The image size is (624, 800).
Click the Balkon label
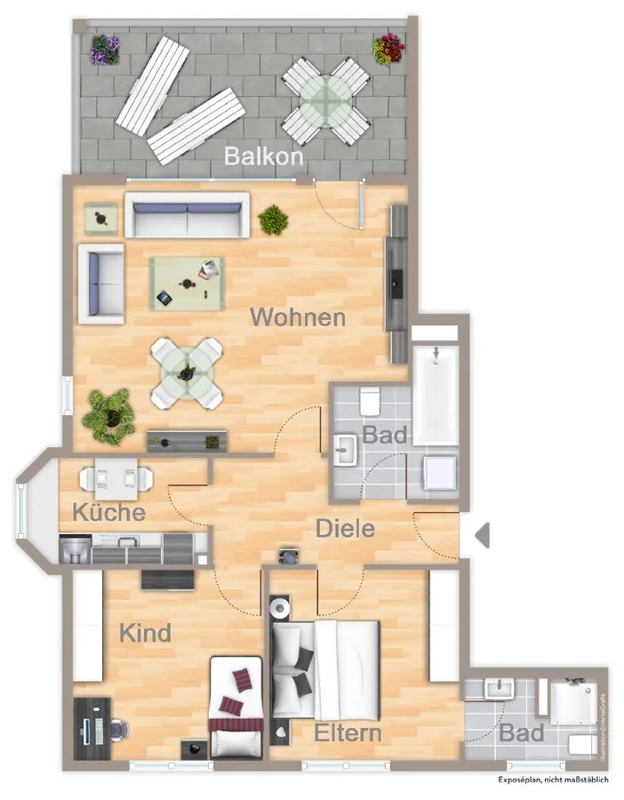[264, 156]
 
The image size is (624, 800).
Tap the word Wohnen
[298, 317]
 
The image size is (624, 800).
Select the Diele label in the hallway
[346, 529]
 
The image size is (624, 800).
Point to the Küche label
[108, 513]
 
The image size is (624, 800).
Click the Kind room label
[146, 634]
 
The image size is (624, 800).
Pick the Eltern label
[348, 733]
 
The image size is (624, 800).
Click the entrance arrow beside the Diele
[483, 535]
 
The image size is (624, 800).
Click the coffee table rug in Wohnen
[187, 283]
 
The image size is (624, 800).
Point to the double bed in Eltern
[326, 669]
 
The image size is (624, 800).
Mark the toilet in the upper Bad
[371, 402]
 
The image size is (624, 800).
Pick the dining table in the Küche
[116, 478]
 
